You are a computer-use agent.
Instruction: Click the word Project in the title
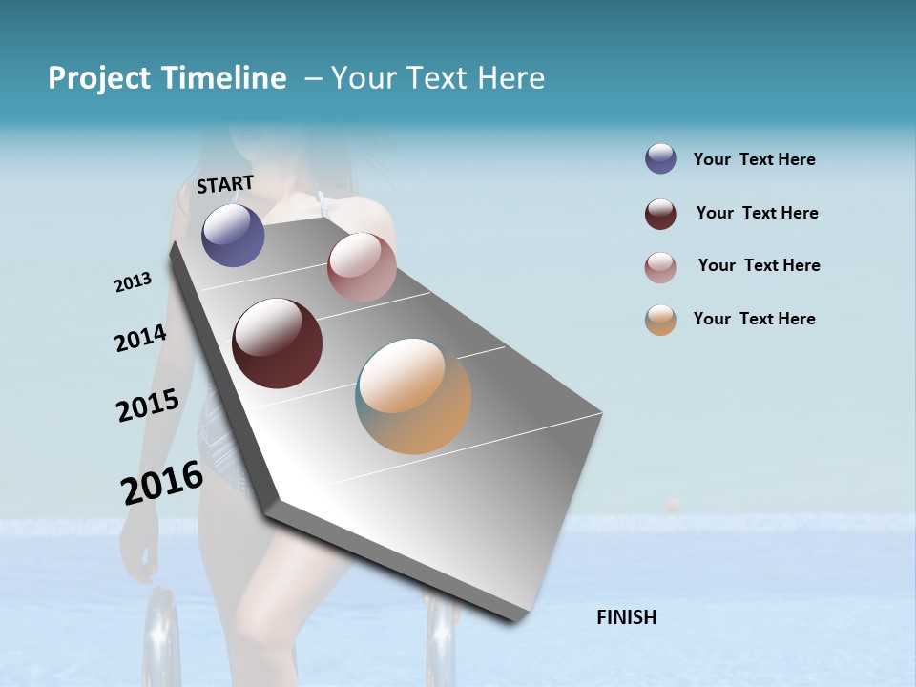point(99,78)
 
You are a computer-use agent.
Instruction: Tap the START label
point(225,184)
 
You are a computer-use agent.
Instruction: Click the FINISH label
point(627,617)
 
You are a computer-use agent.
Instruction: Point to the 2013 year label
point(133,282)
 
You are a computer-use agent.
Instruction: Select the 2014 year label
point(140,339)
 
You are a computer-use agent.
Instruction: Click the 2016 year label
point(162,483)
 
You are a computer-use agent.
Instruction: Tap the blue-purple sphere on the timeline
point(233,235)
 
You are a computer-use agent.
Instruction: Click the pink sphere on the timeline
point(362,267)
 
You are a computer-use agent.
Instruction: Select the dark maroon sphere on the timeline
point(277,343)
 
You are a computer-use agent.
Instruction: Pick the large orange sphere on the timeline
point(413,396)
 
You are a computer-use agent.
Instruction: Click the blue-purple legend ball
point(660,158)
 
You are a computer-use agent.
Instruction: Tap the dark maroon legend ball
point(660,214)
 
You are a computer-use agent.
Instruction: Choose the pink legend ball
point(660,267)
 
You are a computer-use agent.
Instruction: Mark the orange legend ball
point(660,320)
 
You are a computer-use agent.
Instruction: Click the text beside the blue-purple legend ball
point(754,159)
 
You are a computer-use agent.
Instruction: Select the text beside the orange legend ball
point(754,319)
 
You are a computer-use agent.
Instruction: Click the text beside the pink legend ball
point(759,265)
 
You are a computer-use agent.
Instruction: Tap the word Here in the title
point(510,78)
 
